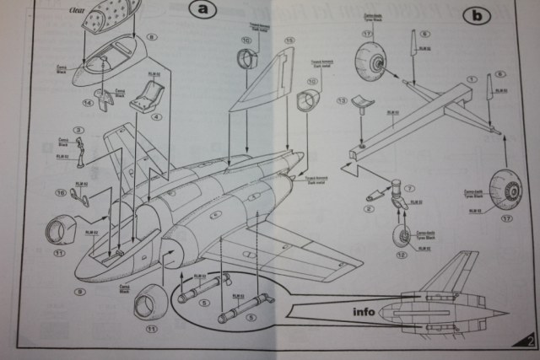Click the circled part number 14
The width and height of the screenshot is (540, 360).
(x=89, y=105)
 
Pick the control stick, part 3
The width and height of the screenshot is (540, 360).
(x=81, y=151)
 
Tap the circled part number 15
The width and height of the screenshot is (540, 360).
(x=290, y=40)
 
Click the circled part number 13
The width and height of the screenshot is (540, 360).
(x=342, y=100)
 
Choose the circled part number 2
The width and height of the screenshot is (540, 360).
(x=372, y=209)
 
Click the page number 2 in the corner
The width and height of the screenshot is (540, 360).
(x=528, y=341)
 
